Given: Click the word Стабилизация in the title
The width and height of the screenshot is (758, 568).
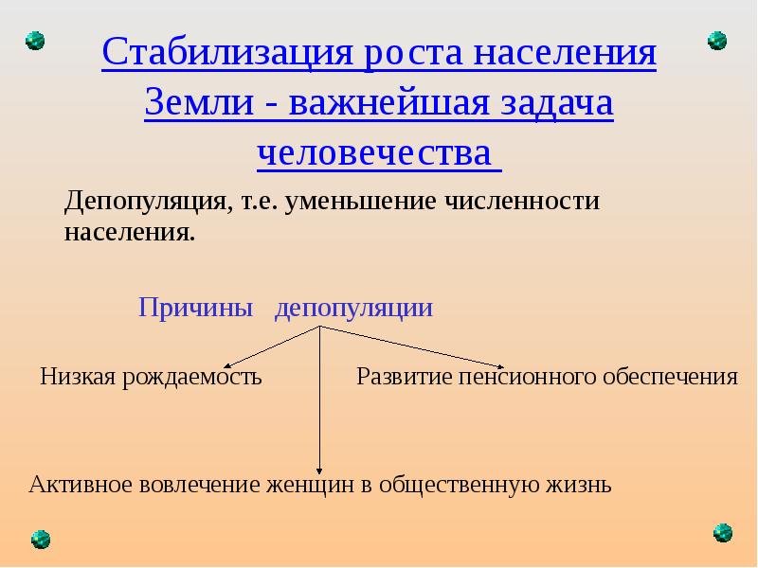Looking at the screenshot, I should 224,52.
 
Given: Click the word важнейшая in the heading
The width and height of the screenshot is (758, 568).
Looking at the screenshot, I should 394,103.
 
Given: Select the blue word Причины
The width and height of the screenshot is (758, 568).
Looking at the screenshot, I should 196,308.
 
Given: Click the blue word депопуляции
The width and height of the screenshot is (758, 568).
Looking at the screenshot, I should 353,308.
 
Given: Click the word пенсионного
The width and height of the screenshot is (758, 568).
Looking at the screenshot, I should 531,378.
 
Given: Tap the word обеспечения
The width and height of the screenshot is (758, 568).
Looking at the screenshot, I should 672,378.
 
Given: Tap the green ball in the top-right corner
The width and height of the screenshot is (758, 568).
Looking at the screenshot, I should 717,41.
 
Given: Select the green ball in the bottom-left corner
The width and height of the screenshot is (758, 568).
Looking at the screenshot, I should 40,540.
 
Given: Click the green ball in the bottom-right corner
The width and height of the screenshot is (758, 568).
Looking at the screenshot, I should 722,532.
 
